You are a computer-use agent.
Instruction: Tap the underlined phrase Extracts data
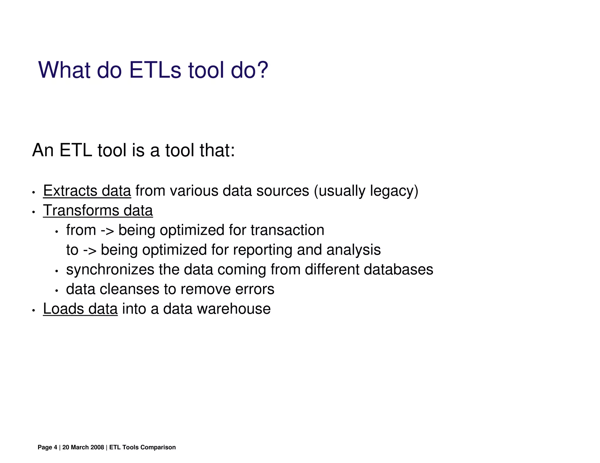[x=87, y=191]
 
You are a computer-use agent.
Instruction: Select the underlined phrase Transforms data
[x=98, y=210]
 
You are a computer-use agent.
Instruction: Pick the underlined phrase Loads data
[x=80, y=309]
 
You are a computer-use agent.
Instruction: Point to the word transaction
[x=287, y=230]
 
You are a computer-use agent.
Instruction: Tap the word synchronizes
[x=110, y=270]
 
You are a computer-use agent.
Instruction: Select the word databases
[x=398, y=270]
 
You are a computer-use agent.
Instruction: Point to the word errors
[x=255, y=289]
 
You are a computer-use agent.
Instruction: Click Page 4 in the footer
[x=47, y=447]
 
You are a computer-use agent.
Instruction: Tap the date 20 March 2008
[x=83, y=447]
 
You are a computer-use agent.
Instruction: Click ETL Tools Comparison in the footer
[x=142, y=447]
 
